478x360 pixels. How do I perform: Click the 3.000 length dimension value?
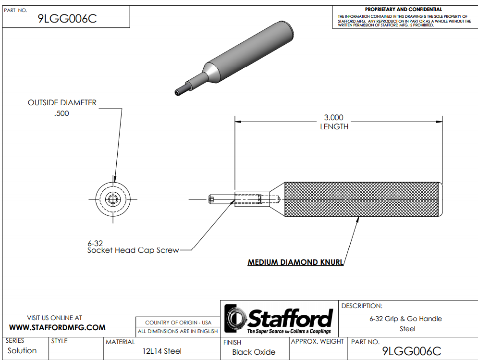coord(334,117)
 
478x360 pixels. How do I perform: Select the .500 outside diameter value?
coord(62,113)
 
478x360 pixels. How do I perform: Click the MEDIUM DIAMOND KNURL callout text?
coord(295,262)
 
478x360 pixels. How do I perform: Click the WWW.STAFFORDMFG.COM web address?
coord(58,328)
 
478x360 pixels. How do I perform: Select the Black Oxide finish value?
coord(254,352)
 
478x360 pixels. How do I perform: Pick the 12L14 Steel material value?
coord(162,351)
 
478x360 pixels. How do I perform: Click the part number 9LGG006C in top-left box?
coord(67,19)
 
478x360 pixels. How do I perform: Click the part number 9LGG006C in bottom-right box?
coord(411,351)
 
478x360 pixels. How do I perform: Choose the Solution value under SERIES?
coord(22,350)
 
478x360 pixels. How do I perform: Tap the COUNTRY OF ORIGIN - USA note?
coord(178,323)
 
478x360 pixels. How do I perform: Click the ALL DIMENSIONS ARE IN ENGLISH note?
coord(178,331)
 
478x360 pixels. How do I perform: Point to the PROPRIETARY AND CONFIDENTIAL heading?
coord(404,9)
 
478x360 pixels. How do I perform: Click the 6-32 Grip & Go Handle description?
coord(405,319)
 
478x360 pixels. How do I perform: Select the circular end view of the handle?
coord(113,199)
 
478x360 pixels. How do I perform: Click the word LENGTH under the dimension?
coord(334,127)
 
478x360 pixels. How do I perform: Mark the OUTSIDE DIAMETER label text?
coord(62,103)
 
